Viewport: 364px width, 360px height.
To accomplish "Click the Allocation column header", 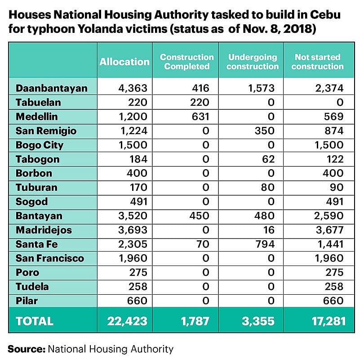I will [x=124, y=62].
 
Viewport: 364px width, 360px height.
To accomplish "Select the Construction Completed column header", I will [x=186, y=62].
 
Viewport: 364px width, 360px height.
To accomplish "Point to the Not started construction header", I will [x=317, y=62].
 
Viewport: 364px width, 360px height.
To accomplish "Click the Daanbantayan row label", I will [x=52, y=88].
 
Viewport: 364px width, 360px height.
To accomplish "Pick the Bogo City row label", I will [x=40, y=145].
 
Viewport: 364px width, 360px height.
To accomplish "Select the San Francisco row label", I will [x=50, y=258].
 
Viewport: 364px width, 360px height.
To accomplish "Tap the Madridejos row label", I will [x=44, y=230].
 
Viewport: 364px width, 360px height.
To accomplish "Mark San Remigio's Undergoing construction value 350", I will [x=266, y=131].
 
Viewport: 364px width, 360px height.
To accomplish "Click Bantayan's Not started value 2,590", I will [x=330, y=216].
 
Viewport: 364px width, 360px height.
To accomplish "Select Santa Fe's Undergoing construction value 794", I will [x=266, y=244].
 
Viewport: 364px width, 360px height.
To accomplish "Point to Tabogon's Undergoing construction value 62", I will [x=268, y=159].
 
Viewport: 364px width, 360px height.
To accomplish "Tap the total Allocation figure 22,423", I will [x=127, y=321].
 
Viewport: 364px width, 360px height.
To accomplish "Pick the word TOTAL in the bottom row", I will [x=35, y=321].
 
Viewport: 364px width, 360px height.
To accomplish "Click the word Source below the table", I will [x=26, y=349].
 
